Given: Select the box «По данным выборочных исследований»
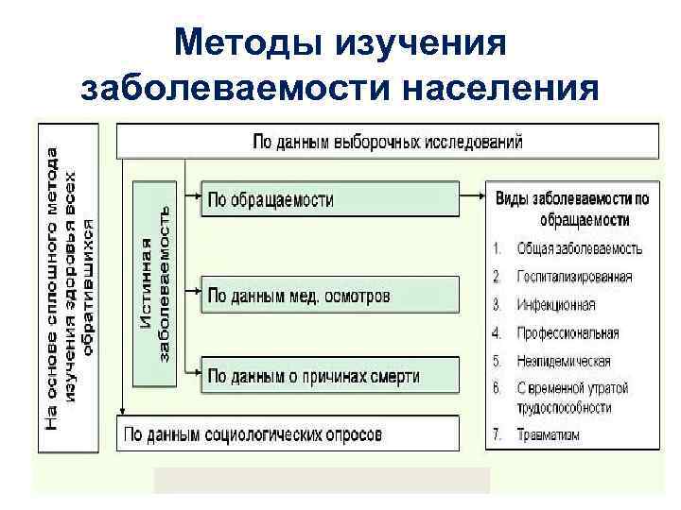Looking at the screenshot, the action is (387, 142).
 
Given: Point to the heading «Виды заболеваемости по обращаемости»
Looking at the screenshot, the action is (572, 209).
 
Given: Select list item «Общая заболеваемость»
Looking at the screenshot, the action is (579, 249).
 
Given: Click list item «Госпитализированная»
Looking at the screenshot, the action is (574, 278).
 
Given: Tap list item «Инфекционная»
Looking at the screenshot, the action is (556, 305).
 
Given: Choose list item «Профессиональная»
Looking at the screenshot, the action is (567, 333).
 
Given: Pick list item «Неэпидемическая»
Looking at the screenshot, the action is (564, 361).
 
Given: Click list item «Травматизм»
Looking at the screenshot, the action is (548, 435).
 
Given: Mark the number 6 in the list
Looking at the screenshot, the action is (497, 388).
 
